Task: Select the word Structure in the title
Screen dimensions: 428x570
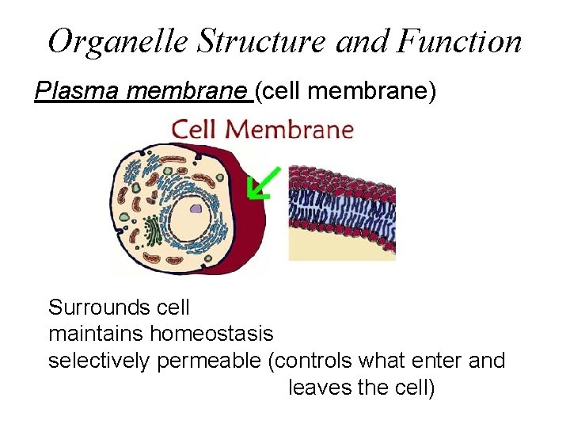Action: (262, 41)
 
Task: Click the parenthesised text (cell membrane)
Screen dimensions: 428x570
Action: (344, 92)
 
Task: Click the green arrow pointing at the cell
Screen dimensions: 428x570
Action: (260, 183)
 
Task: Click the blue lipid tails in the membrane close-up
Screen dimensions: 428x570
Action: (340, 208)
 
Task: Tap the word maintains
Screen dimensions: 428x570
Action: (97, 334)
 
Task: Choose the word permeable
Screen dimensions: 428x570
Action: (209, 361)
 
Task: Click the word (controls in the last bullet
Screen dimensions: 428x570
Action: (311, 361)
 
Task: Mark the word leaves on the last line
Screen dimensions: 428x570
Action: (315, 388)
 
